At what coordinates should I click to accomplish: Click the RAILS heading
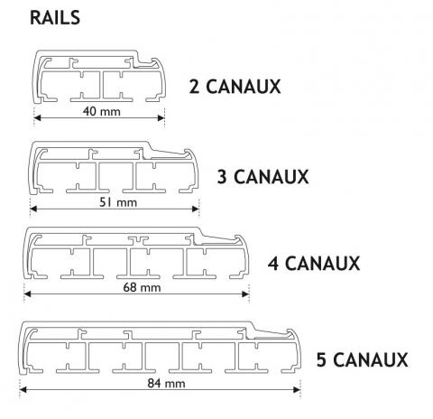tap(55, 17)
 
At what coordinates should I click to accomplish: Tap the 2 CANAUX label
tap(235, 87)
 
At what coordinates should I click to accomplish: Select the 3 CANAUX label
tap(263, 176)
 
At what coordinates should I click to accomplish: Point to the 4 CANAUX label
tap(314, 263)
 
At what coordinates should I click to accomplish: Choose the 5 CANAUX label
tap(362, 359)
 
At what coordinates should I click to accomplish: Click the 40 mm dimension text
tap(102, 111)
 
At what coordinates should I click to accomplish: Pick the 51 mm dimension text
tap(118, 202)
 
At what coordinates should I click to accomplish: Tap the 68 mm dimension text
tap(142, 287)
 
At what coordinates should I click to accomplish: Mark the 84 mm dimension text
tap(166, 384)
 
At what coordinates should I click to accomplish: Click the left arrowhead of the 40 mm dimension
tap(37, 117)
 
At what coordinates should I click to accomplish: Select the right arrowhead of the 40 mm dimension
tap(161, 117)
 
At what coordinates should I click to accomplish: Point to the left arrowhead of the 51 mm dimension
tap(33, 209)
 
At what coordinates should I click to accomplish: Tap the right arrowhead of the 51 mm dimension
tap(196, 209)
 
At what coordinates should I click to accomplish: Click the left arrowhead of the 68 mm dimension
tap(27, 293)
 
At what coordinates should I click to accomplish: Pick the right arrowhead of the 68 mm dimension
tap(245, 293)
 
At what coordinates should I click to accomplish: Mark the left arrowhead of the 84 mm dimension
tap(23, 390)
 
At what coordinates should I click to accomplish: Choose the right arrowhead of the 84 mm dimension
tap(297, 390)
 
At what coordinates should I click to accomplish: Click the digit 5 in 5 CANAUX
tap(321, 359)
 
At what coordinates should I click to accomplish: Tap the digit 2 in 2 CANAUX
tap(194, 87)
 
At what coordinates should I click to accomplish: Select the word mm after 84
tap(175, 385)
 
